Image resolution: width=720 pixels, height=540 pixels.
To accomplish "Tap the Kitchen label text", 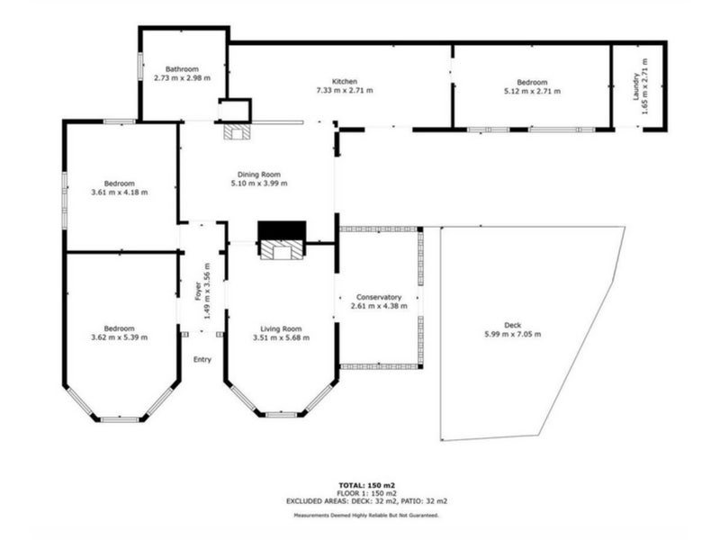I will point(345,80).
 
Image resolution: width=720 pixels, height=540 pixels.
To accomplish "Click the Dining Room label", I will point(259,174).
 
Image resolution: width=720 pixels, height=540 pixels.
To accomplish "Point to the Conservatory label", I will point(378,297).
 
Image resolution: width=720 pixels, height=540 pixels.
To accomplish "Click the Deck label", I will point(512,325).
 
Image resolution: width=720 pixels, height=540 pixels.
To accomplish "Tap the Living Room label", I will point(281,328).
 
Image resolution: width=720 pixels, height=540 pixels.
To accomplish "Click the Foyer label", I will point(198,291).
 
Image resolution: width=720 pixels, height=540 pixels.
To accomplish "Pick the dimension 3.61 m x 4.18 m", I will point(119,192).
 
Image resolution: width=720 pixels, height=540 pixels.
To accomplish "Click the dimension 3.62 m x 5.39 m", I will point(119,337).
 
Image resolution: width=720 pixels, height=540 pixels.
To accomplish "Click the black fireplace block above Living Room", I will point(282,231).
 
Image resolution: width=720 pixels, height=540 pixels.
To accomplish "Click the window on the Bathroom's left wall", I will point(139,67).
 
